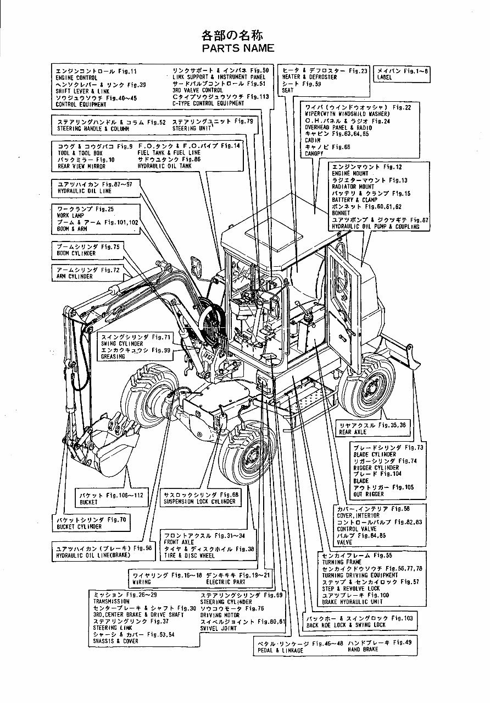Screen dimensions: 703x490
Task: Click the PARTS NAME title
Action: [x=238, y=48]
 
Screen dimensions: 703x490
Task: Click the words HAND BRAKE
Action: [x=363, y=650]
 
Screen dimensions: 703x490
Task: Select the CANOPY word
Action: [x=315, y=154]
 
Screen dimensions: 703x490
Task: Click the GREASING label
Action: [x=113, y=356]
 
